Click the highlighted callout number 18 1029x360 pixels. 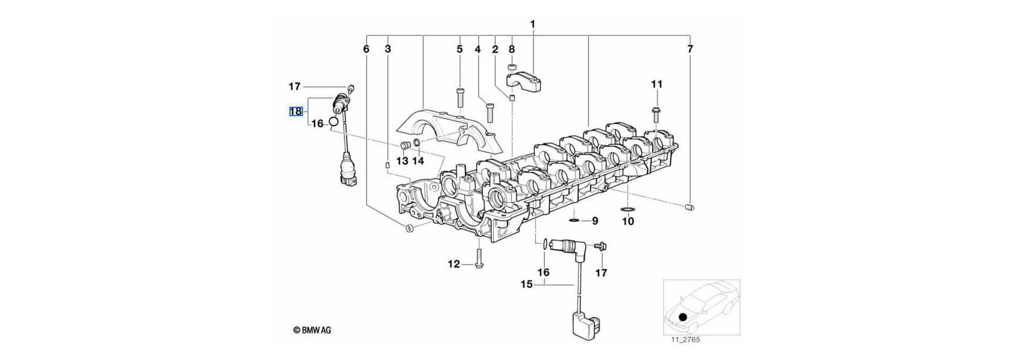tap(296, 111)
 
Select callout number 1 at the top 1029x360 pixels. tap(532, 25)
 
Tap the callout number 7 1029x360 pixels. tap(690, 49)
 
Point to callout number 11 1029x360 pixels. tap(657, 84)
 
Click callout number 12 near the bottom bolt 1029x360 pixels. tap(454, 264)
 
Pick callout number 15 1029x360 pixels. tap(526, 284)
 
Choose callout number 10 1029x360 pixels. tap(628, 221)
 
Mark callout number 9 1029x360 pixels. tap(594, 221)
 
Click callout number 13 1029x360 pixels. tap(402, 161)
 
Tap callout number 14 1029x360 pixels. tap(418, 161)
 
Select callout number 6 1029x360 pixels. tap(366, 49)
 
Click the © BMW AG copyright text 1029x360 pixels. tap(312, 331)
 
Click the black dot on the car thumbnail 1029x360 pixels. tap(682, 317)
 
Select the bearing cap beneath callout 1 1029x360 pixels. tap(525, 80)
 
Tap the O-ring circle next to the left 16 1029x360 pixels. tap(333, 122)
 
